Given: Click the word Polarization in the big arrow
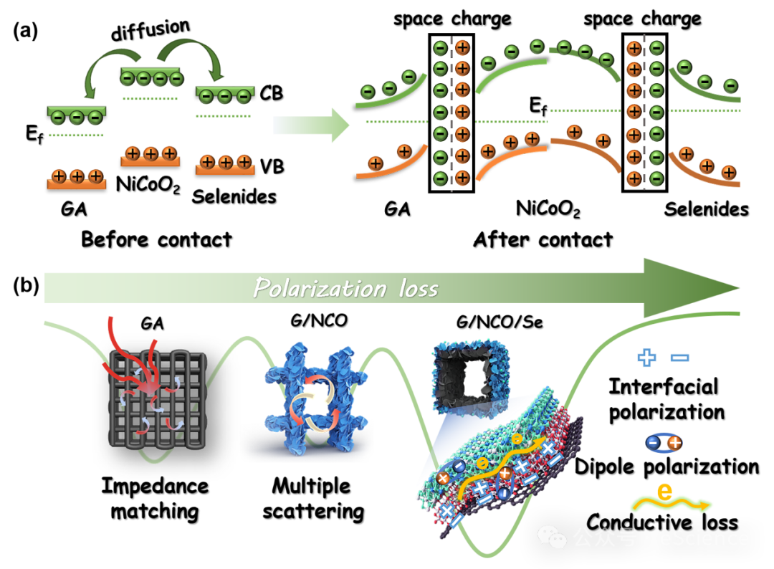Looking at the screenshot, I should [320, 288].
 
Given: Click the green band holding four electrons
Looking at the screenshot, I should [151, 76].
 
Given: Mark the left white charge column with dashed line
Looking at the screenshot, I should [451, 113].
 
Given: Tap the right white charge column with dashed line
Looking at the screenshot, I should [645, 113].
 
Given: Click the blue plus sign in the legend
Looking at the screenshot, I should [646, 358].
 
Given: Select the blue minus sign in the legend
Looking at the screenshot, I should [679, 358].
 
